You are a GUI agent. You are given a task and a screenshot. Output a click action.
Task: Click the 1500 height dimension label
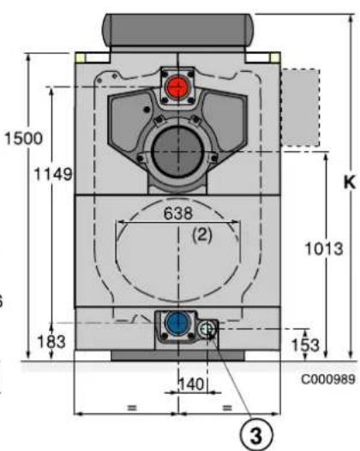pyautogui.click(x=24, y=138)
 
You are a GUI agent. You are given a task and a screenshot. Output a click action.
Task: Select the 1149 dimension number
pyautogui.click(x=53, y=174)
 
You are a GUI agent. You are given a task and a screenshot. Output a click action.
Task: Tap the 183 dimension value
pyautogui.click(x=51, y=342)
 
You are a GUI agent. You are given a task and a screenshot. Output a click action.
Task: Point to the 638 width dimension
pyautogui.click(x=178, y=213)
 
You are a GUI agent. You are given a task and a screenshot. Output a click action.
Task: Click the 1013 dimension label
pyautogui.click(x=324, y=249)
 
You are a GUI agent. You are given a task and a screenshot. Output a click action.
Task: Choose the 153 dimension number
pyautogui.click(x=305, y=345)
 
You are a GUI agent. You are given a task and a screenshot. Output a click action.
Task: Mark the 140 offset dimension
pyautogui.click(x=192, y=384)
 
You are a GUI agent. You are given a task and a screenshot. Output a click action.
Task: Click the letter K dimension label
pyautogui.click(x=350, y=182)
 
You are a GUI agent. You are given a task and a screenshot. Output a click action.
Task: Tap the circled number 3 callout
pyautogui.click(x=256, y=435)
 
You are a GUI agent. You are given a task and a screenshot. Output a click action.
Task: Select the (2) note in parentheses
pyautogui.click(x=202, y=235)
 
